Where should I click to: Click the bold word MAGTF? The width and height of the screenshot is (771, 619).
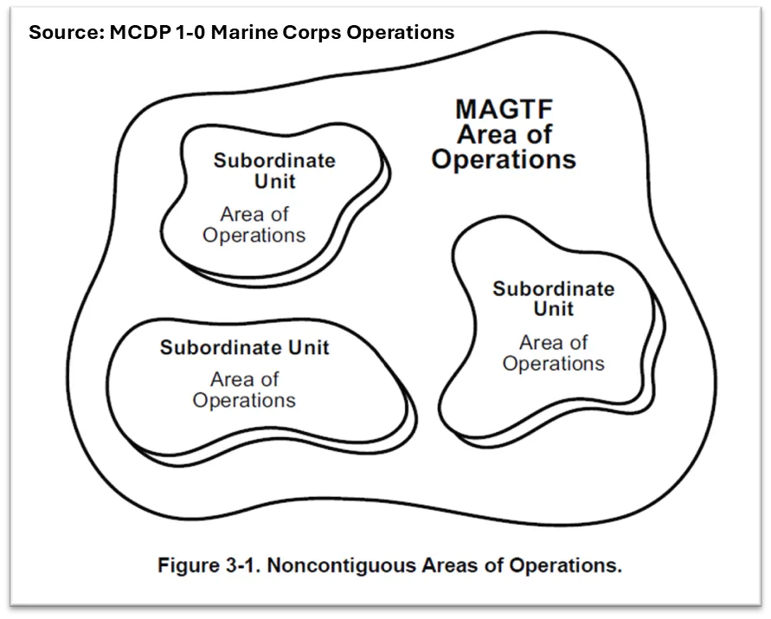pos(503,110)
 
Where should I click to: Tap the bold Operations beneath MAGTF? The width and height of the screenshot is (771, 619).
pos(503,160)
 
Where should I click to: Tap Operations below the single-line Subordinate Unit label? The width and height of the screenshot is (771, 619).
pos(244,401)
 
